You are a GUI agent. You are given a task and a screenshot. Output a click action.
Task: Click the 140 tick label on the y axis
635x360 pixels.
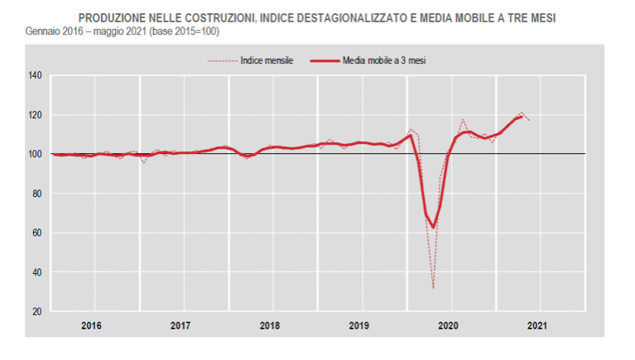tap(34, 75)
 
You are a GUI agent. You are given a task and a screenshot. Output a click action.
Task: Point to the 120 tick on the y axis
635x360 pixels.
tap(34, 115)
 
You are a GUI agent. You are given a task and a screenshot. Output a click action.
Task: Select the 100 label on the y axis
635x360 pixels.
tap(34, 154)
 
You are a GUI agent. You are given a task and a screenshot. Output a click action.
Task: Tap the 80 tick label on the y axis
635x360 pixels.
tap(36, 194)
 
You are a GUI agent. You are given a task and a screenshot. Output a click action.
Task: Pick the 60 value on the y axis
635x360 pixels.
tap(36, 233)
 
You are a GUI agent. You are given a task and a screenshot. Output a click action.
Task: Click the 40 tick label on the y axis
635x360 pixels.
tap(36, 272)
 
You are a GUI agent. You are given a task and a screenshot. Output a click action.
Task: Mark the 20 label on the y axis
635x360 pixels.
tap(36, 311)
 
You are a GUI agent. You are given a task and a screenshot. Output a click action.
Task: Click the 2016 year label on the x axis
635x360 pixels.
tap(92, 325)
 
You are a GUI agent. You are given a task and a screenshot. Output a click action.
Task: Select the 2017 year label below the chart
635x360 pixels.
tap(180, 325)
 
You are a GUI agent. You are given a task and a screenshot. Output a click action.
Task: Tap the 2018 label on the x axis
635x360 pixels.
tap(270, 325)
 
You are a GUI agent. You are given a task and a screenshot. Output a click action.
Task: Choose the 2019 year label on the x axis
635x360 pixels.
tap(358, 325)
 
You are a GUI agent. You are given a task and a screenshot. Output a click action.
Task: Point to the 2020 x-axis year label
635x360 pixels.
tap(448, 325)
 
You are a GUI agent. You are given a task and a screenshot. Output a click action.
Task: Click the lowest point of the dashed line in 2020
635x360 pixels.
tap(433, 288)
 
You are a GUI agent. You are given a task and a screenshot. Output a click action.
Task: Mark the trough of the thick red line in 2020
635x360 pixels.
tap(432, 228)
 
